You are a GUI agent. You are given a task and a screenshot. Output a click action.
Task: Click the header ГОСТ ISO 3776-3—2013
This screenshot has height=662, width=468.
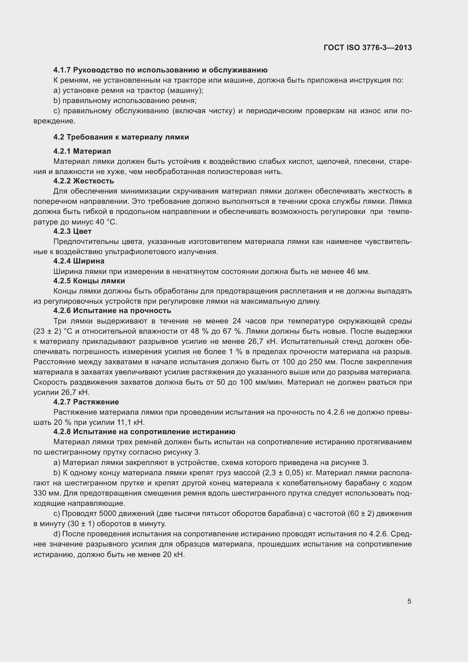pos(368,48)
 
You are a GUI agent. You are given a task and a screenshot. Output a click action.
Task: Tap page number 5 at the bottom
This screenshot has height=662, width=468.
pos(409,601)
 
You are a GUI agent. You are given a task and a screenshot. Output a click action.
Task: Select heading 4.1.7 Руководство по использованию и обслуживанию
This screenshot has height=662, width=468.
pos(160,70)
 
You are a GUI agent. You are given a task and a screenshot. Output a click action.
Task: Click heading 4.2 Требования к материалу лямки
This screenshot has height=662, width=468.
pos(121,137)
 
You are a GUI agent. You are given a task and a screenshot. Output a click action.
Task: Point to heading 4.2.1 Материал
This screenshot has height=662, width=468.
pos(82,151)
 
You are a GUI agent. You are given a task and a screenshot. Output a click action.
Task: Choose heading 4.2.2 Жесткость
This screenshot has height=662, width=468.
pos(83,181)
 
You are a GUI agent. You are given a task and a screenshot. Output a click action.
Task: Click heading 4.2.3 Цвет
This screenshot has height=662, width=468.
pos(72,231)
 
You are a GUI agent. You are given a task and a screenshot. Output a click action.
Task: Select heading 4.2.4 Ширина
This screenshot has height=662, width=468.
pos(79,261)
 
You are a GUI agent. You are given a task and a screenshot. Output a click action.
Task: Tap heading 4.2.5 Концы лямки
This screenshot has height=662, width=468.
pos(89,281)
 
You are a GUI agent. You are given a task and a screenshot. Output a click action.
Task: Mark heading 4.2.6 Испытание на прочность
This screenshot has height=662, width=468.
pos(112,311)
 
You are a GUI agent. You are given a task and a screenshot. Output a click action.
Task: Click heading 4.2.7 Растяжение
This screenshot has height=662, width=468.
pos(86,402)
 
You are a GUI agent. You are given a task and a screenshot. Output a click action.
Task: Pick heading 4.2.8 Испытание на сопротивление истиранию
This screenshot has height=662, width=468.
pos(144,432)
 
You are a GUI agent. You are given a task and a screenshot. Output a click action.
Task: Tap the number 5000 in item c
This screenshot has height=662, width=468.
pos(108,513)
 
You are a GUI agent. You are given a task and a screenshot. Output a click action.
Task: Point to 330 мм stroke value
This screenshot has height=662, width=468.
pos(47,493)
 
